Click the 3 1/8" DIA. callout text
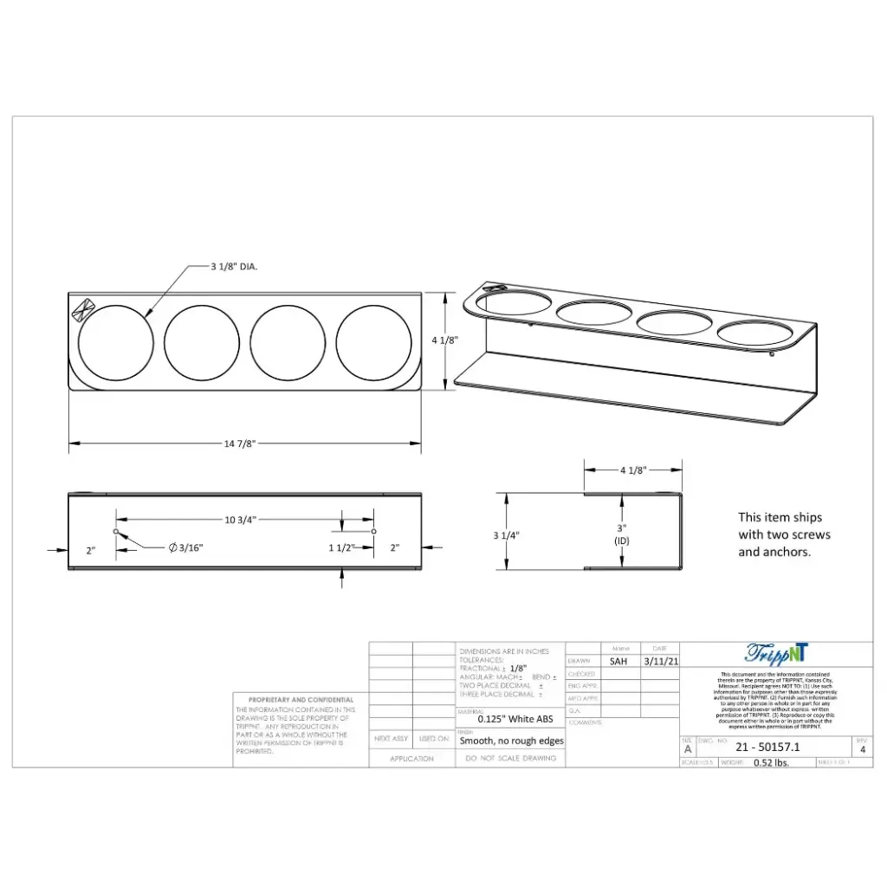(x=234, y=267)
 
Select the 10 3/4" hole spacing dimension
(x=241, y=520)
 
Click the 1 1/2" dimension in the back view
(x=341, y=547)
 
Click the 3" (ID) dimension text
(x=622, y=534)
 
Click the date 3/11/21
(x=659, y=661)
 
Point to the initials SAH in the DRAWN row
(x=618, y=661)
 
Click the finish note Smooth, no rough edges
(x=511, y=741)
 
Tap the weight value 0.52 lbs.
(x=771, y=763)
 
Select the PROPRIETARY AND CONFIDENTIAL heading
(x=301, y=700)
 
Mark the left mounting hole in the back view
(x=116, y=531)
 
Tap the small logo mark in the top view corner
(x=85, y=308)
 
